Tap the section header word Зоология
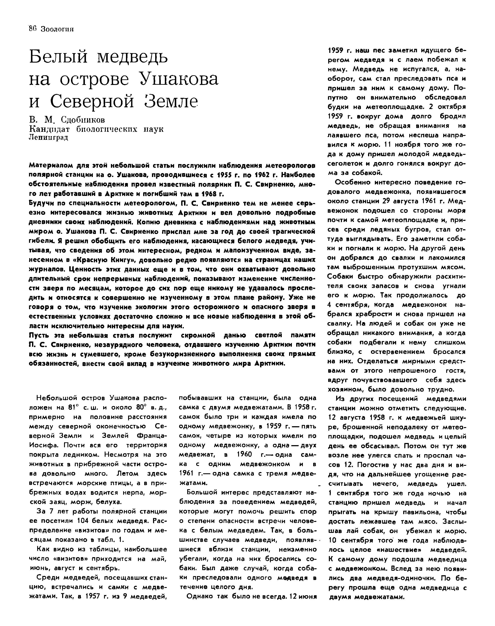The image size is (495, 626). (x=57, y=29)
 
